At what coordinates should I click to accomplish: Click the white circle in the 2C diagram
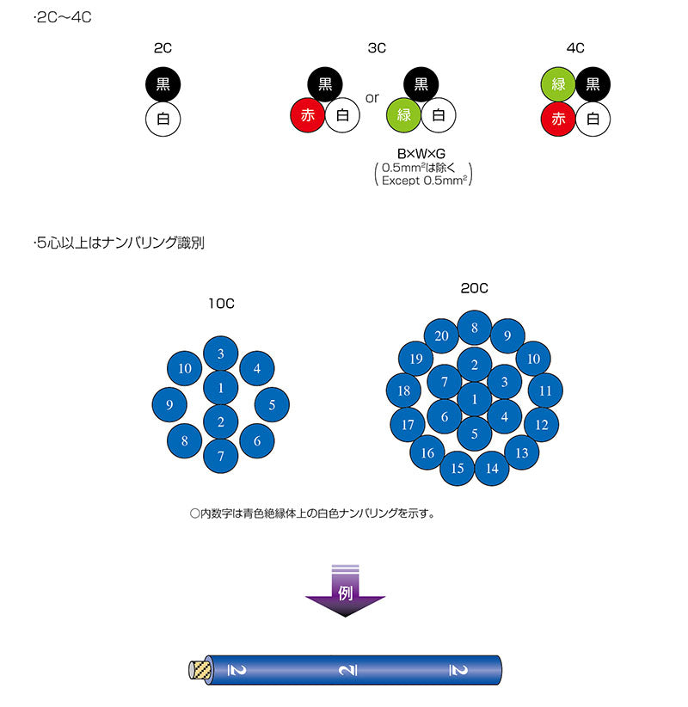(x=163, y=120)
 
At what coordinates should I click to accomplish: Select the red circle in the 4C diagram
(x=558, y=120)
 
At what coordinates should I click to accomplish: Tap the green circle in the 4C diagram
(x=558, y=84)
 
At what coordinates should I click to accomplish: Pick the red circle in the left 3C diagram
(x=308, y=115)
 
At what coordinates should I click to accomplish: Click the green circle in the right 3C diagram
(x=403, y=115)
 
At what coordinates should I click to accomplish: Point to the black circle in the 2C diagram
(x=163, y=84)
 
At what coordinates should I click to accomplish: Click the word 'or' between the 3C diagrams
(x=372, y=97)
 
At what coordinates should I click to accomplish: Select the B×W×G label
(x=421, y=153)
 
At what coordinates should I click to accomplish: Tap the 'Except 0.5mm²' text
(x=421, y=181)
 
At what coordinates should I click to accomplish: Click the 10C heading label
(x=221, y=303)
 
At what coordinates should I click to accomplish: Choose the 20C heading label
(x=474, y=288)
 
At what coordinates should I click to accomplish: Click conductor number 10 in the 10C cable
(x=185, y=369)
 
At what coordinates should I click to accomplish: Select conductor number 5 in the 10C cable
(x=272, y=404)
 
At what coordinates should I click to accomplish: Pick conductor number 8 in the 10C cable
(x=185, y=441)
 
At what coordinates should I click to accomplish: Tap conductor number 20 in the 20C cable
(x=442, y=335)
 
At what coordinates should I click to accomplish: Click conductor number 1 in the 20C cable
(x=474, y=399)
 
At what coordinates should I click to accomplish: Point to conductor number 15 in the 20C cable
(x=458, y=468)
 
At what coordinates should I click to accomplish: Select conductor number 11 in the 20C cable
(x=545, y=390)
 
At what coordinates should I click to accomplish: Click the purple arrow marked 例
(x=345, y=593)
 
